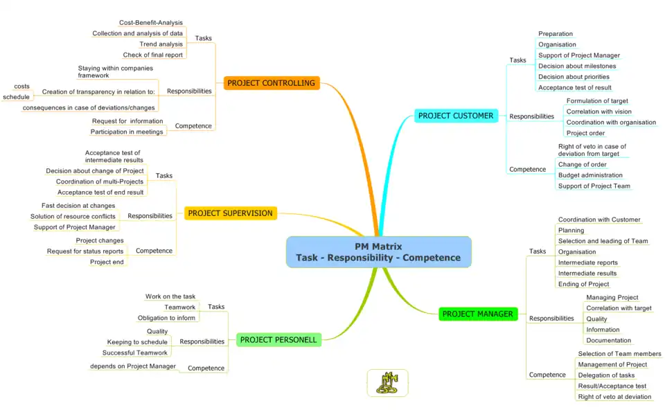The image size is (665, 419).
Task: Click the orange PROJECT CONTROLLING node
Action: [x=272, y=83]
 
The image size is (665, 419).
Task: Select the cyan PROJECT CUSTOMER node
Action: [x=456, y=116]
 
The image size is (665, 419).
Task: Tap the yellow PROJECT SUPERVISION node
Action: [x=230, y=213]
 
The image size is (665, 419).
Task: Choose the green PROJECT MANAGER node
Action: [x=477, y=314]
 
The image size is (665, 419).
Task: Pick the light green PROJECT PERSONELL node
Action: [x=278, y=340]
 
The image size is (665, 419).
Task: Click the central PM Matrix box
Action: [x=378, y=252]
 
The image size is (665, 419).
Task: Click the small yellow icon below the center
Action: [x=387, y=383]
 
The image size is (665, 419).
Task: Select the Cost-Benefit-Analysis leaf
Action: [x=151, y=23]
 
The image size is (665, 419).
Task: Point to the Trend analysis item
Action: [x=161, y=44]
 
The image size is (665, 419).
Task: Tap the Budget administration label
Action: [x=590, y=175]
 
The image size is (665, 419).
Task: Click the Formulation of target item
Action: [x=597, y=101]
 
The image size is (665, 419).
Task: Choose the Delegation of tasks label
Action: [x=606, y=375]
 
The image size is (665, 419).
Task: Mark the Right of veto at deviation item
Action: [x=614, y=397]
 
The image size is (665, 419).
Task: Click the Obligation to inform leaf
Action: [x=166, y=318]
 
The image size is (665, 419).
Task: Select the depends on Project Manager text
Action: [x=133, y=366]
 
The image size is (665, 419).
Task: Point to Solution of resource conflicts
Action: [x=73, y=217]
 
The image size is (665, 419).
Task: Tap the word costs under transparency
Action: [x=21, y=87]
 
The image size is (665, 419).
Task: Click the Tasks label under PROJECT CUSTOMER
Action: [x=518, y=60]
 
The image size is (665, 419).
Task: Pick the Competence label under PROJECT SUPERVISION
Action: [x=154, y=251]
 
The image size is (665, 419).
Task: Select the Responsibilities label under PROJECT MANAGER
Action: [x=551, y=319]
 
